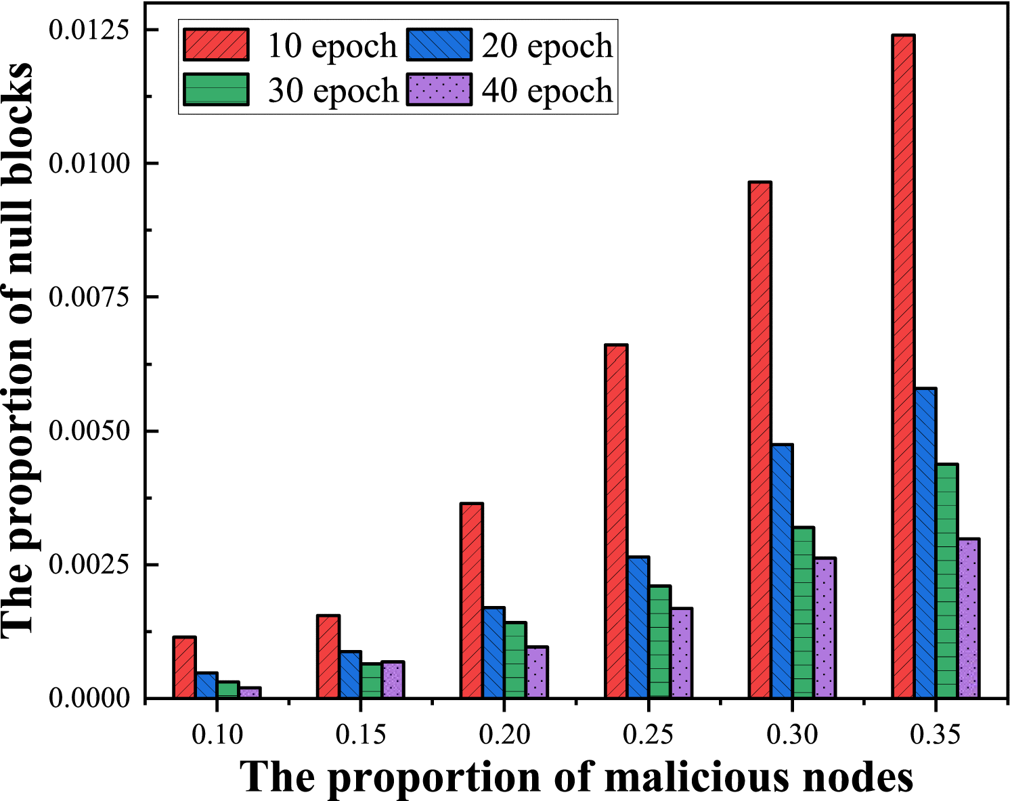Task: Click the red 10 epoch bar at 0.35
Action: click(903, 366)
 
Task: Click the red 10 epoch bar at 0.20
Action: click(471, 600)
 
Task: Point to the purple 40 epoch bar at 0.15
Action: click(393, 679)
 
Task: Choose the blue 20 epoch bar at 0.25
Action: click(638, 627)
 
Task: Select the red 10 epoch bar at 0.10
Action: click(184, 667)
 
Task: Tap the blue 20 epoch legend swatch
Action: click(439, 45)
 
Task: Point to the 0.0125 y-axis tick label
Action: click(89, 30)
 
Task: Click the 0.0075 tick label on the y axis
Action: click(89, 297)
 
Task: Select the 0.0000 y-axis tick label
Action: click(89, 698)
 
